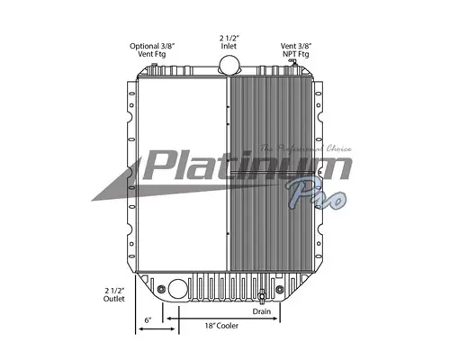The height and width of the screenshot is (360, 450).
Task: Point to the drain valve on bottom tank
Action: click(262, 298)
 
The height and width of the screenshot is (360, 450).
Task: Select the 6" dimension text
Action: click(148, 320)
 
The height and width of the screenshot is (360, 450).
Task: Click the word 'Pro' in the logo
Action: click(315, 194)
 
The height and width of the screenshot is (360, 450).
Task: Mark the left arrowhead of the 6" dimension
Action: click(138, 330)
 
